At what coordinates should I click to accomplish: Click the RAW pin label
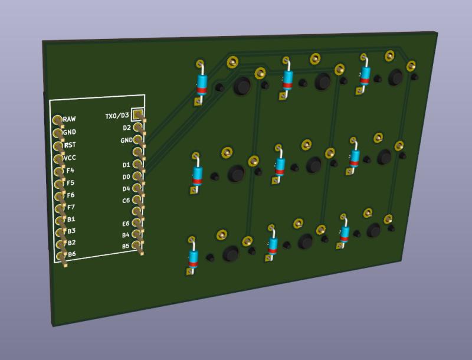tap(69, 119)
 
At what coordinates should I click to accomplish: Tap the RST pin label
tap(70, 145)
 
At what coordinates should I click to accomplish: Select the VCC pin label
tap(70, 158)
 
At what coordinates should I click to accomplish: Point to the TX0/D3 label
tap(116, 116)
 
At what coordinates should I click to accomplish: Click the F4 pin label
tap(70, 171)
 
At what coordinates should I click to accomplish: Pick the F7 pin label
tap(71, 207)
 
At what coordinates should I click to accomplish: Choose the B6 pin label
tap(71, 254)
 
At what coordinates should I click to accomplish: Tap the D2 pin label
tap(126, 127)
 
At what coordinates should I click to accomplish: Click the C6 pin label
tap(126, 201)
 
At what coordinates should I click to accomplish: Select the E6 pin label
tap(126, 224)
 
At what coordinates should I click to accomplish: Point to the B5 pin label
tap(126, 246)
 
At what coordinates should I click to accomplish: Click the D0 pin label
tap(126, 177)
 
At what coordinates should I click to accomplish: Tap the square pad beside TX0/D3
tap(137, 113)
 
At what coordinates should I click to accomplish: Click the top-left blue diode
tap(202, 82)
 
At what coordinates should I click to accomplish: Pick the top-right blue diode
tap(365, 74)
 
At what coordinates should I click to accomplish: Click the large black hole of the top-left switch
tap(241, 86)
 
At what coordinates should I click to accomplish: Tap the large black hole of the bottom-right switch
tap(373, 230)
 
